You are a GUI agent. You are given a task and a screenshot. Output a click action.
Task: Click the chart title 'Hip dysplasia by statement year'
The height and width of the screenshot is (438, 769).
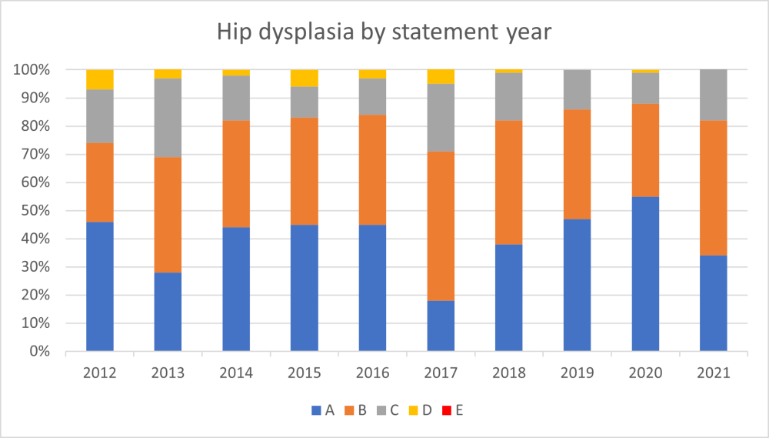[x=384, y=32]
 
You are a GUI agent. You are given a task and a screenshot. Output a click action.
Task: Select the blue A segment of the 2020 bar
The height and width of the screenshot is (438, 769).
[x=645, y=274]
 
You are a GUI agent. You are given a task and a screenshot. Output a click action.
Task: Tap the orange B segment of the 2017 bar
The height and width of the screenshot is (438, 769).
[x=441, y=226]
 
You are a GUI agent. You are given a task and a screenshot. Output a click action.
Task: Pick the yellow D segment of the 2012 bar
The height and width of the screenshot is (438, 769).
[x=100, y=79]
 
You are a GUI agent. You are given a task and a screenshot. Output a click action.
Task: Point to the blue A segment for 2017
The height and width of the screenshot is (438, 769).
[x=441, y=326]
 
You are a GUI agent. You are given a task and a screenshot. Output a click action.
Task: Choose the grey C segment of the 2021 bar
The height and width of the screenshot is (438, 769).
[x=713, y=95]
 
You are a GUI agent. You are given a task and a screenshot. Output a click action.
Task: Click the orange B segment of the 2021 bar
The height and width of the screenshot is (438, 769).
[x=713, y=188]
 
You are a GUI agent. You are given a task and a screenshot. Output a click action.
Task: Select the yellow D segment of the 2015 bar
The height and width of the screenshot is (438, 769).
[x=304, y=78]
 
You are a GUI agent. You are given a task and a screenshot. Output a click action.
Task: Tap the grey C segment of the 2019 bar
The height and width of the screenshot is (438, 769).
[x=577, y=89]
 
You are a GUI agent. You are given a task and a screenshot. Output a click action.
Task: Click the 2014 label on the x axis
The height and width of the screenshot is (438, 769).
[x=236, y=373]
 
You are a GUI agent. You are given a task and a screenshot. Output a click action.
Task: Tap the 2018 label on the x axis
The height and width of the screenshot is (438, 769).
[x=508, y=373]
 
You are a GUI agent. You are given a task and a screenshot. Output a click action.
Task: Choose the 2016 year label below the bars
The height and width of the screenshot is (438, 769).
[x=372, y=373]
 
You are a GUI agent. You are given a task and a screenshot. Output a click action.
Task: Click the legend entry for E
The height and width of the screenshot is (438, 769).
[x=453, y=410]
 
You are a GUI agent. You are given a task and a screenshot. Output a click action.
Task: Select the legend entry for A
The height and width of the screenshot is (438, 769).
[x=322, y=410]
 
